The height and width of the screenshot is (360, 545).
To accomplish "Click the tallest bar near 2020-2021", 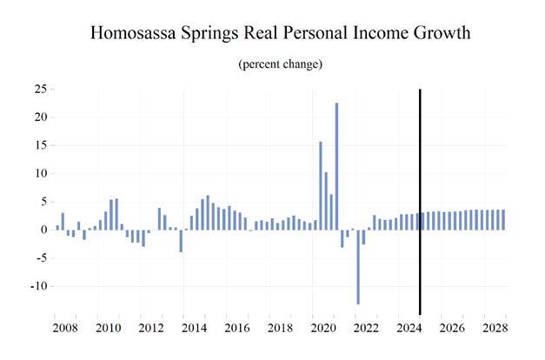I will coord(336,166).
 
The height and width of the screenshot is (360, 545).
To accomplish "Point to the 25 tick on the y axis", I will coord(40,89).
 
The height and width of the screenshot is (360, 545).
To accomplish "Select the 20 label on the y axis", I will coord(40,117).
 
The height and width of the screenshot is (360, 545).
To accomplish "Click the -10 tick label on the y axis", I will coord(37,286).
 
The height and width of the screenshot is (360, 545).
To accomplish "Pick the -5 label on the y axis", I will coord(40,258).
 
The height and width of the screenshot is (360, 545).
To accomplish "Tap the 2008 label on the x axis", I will coord(65,329).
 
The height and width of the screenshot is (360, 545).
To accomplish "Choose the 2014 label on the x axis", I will coord(194,329).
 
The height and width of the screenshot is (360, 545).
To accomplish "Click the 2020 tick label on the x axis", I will coord(322,329).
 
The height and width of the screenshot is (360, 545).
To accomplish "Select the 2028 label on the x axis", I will coord(494,329).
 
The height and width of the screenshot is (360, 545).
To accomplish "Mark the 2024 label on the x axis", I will coord(408,329).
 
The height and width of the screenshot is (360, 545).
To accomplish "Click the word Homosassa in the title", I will coord(136,34).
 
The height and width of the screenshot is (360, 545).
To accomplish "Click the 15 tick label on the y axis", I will coord(40,145).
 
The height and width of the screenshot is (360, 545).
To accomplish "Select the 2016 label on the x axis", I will coord(236,329).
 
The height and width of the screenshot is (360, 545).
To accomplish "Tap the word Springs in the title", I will coord(219,36).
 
